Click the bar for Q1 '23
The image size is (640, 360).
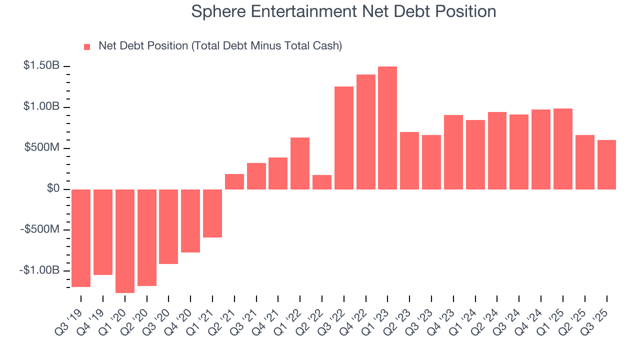pyautogui.click(x=387, y=128)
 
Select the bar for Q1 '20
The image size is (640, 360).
pyautogui.click(x=125, y=241)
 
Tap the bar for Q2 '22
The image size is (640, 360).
pyautogui.click(x=322, y=182)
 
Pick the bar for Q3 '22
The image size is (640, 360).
pyautogui.click(x=344, y=138)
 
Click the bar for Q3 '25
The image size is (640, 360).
pyautogui.click(x=606, y=164)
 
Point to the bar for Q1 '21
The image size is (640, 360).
pyautogui.click(x=212, y=213)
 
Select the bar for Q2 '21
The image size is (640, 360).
pyautogui.click(x=234, y=181)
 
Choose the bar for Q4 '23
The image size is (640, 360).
pyautogui.click(x=453, y=152)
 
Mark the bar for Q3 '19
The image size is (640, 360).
pyautogui.click(x=81, y=238)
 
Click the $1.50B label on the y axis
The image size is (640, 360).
pyautogui.click(x=41, y=66)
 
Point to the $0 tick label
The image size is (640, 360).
pyautogui.click(x=53, y=189)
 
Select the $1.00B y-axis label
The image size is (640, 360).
pyautogui.click(x=41, y=107)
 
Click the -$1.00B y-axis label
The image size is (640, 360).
pyautogui.click(x=39, y=270)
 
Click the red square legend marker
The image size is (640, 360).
pyautogui.click(x=87, y=46)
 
